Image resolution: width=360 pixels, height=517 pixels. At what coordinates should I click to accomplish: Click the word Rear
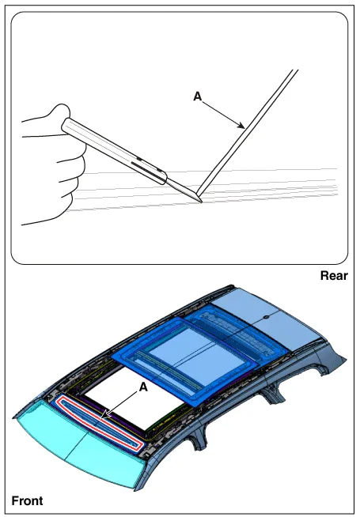[x=334, y=276]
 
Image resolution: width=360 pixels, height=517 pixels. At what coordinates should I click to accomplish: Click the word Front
[x=27, y=501]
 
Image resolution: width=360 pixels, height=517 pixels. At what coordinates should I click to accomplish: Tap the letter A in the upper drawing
[x=197, y=96]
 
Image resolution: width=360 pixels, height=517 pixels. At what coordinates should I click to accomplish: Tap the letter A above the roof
[x=143, y=387]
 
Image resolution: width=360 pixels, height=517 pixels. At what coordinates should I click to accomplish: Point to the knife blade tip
[x=201, y=202]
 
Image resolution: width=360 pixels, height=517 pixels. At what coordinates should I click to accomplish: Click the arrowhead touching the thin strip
[x=241, y=125]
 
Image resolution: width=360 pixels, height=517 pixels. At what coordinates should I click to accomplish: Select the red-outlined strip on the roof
[x=100, y=423]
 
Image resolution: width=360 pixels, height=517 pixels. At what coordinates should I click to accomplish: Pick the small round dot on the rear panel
[x=264, y=317]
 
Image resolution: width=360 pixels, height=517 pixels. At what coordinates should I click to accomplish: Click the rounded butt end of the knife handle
[x=65, y=126]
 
